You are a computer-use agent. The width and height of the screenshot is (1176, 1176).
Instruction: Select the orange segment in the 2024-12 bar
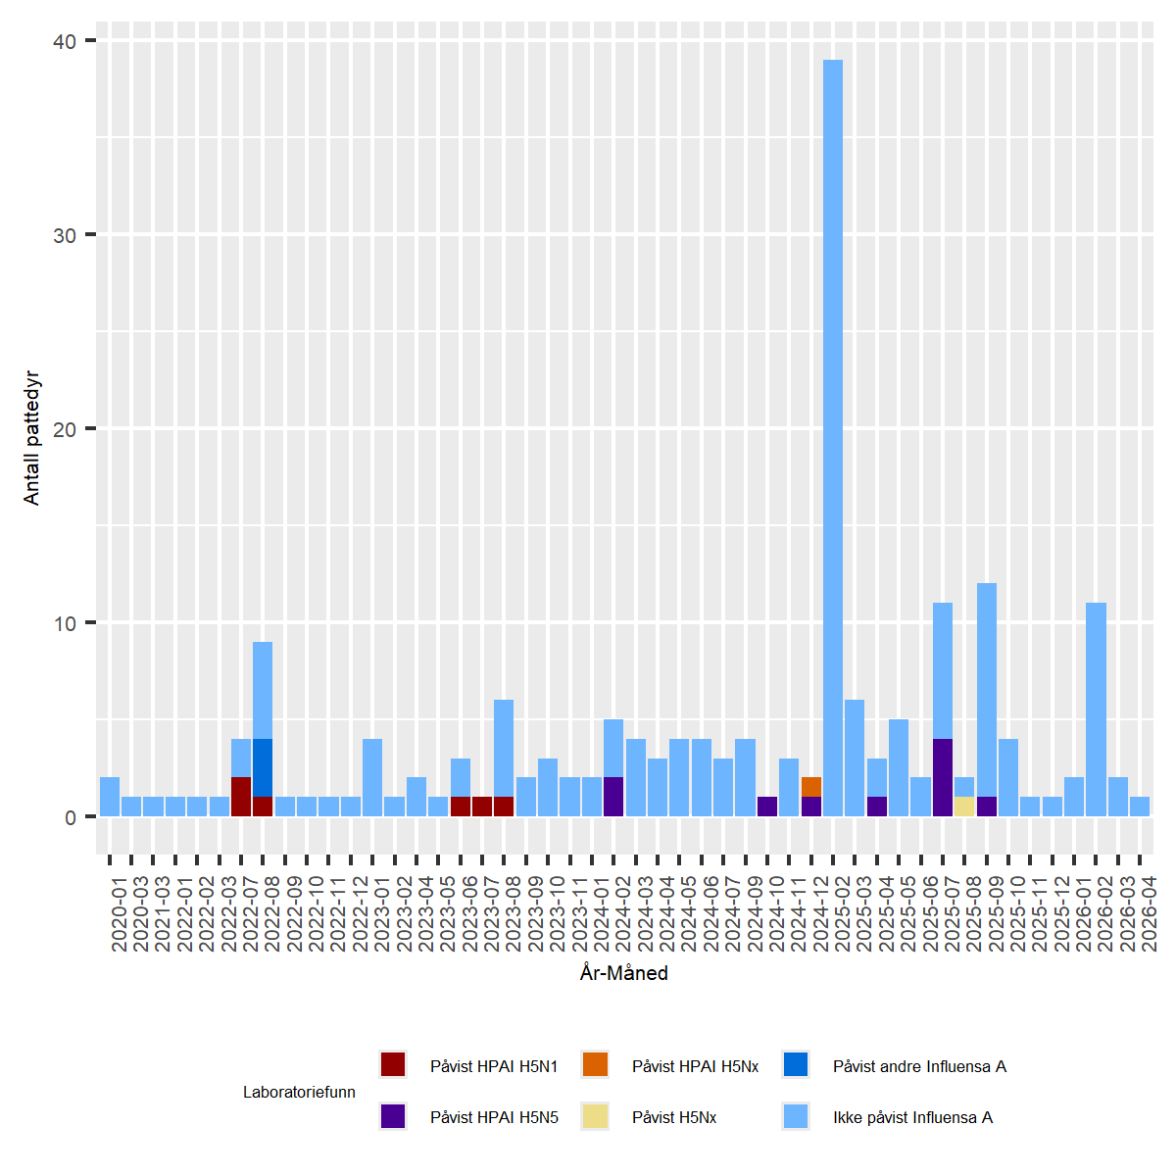coord(811,787)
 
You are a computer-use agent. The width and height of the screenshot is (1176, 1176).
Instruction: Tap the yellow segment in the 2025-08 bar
coord(964,807)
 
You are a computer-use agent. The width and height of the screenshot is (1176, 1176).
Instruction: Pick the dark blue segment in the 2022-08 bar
coord(263,767)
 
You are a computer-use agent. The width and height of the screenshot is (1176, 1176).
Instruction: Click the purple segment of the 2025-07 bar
coord(943,777)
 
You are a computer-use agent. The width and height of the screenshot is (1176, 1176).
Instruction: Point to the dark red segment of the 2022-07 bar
coord(241,797)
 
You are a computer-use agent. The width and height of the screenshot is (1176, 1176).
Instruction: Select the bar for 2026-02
coord(1096,710)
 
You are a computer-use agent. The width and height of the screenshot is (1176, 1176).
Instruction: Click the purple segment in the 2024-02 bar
coord(613,797)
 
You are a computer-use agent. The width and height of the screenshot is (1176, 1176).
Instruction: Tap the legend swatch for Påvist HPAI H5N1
coord(393,1064)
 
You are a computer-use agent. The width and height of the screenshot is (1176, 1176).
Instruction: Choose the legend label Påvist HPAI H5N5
coord(494,1117)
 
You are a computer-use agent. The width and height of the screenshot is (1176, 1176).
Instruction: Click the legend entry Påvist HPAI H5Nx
coord(695,1066)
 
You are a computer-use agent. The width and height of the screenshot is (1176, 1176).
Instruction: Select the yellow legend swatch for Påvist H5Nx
coord(595,1116)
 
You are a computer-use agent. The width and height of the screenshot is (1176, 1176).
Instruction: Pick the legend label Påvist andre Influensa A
coord(919,1066)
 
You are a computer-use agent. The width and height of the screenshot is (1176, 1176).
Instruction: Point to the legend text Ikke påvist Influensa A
coord(912,1117)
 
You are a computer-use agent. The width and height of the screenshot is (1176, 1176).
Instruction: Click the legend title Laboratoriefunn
coord(299,1092)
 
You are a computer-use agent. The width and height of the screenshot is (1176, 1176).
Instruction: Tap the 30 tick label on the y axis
coord(65,235)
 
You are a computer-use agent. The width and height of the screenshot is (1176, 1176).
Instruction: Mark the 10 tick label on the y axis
coord(65,623)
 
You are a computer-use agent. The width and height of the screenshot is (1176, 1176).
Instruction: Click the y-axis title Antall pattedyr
coord(32,438)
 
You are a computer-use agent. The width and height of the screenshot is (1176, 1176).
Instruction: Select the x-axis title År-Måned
coord(624,973)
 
